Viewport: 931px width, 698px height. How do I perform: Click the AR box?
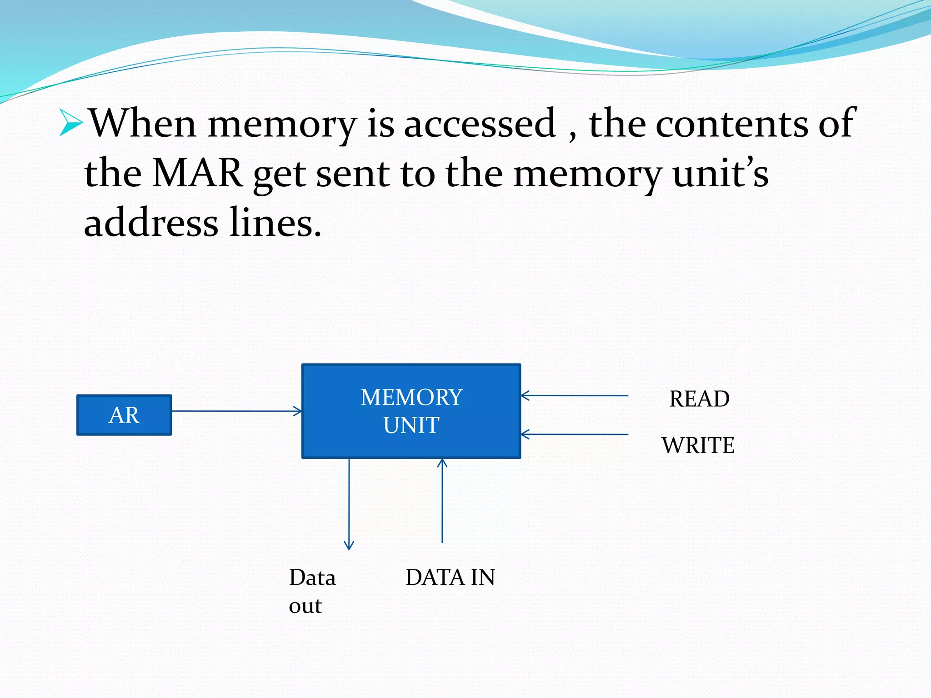pyautogui.click(x=124, y=415)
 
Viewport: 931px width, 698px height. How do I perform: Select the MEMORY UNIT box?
pyautogui.click(x=411, y=411)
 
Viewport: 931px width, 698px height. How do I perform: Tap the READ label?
pyautogui.click(x=699, y=399)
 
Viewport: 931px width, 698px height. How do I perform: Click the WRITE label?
pyautogui.click(x=698, y=445)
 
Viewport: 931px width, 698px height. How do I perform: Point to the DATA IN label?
pyautogui.click(x=450, y=578)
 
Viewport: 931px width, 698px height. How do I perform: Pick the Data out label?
pyautogui.click(x=312, y=591)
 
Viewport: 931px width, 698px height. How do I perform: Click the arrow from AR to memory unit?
pyautogui.click(x=236, y=411)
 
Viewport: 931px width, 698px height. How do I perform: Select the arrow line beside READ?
pyautogui.click(x=575, y=396)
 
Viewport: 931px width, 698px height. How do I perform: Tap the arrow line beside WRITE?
pyautogui.click(x=575, y=435)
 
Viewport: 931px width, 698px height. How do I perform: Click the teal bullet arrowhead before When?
pyautogui.click(x=71, y=122)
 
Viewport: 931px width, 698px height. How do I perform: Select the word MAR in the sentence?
pyautogui.click(x=197, y=173)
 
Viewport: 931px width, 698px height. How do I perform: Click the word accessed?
pyautogui.click(x=480, y=124)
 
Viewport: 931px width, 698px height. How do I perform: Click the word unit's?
pyautogui.click(x=721, y=173)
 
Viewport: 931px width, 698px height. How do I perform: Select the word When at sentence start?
pyautogui.click(x=142, y=124)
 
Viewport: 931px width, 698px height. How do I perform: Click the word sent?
pyautogui.click(x=353, y=174)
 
